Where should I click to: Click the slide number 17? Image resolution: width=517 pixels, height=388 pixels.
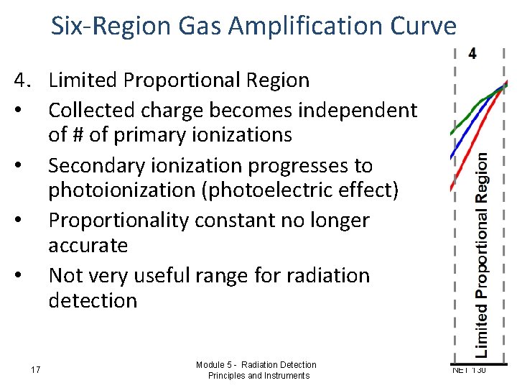[x=36, y=369]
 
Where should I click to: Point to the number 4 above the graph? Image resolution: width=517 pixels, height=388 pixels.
[x=472, y=53]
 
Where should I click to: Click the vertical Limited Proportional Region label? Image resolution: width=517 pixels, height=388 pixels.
[x=484, y=255]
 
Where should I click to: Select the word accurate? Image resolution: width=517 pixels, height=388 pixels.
[x=88, y=246]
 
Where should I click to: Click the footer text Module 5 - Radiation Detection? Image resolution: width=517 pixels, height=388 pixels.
[x=256, y=364]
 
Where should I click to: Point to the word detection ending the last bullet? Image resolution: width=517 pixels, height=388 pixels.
[x=93, y=300]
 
